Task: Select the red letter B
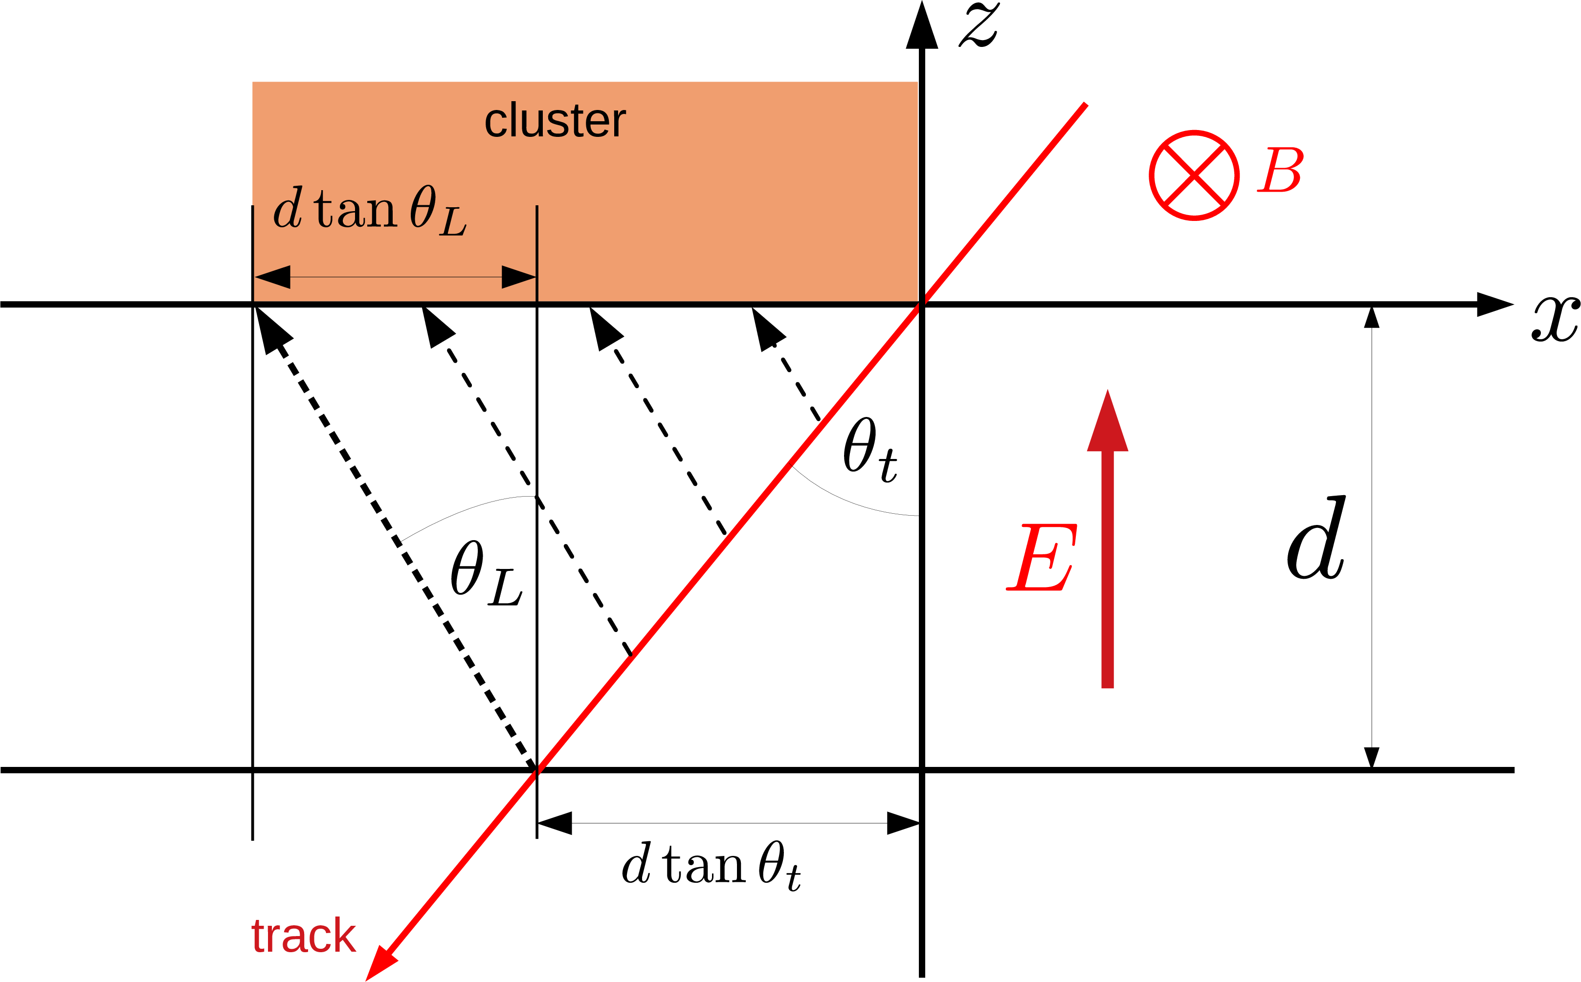pos(1280,170)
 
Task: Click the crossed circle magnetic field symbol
pos(1194,175)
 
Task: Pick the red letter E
pos(1041,557)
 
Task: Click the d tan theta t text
pos(711,865)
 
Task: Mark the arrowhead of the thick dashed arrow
pos(271,328)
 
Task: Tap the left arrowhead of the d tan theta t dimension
pos(555,823)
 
